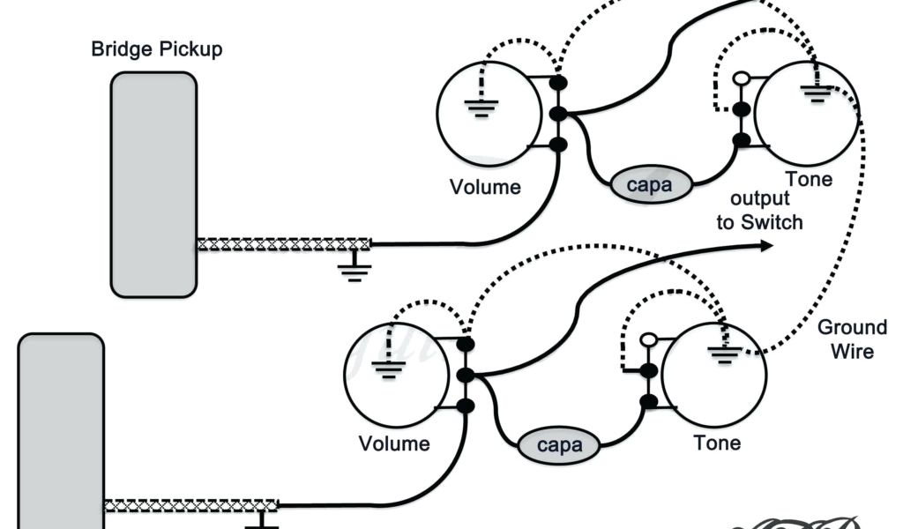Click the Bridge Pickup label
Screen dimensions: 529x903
coord(157,48)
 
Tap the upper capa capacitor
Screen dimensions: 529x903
coord(649,185)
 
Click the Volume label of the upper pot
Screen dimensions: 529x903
coord(485,187)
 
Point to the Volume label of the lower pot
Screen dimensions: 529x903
coord(394,443)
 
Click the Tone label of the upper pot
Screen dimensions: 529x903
coord(809,180)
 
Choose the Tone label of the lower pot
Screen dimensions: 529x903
coord(717,442)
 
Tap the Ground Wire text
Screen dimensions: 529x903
coord(852,339)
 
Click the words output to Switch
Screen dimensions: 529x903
coord(759,210)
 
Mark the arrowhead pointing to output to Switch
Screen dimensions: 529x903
coord(765,248)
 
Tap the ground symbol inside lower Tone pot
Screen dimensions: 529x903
coord(722,356)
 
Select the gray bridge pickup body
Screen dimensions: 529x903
coord(153,185)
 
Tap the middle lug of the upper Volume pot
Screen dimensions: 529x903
coord(557,114)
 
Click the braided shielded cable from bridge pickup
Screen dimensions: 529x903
coord(283,244)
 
